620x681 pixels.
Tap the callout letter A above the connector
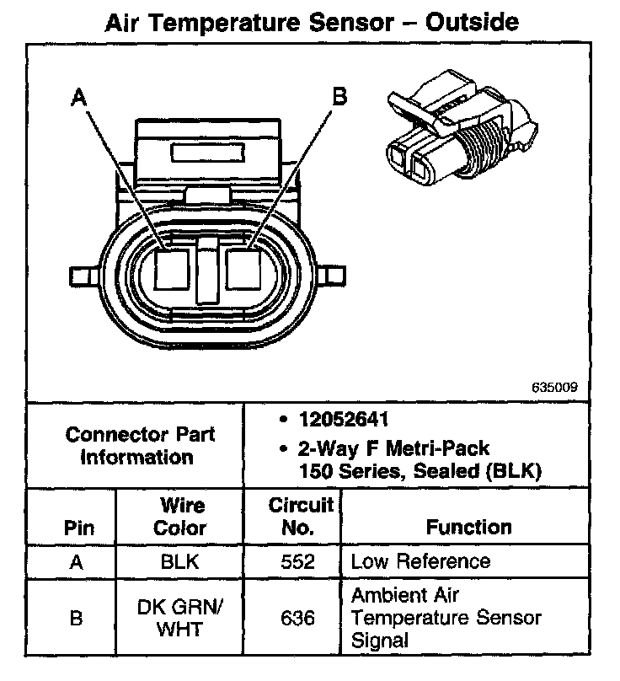point(80,99)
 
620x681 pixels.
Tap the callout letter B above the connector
point(339,97)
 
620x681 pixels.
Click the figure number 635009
point(554,389)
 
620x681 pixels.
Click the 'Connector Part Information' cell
point(140,446)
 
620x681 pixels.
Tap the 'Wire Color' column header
point(181,517)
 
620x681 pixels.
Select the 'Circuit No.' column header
point(300,517)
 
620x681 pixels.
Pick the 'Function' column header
point(468,528)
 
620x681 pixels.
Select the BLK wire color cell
point(181,562)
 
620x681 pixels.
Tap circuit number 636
point(299,619)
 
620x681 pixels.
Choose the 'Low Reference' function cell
point(420,562)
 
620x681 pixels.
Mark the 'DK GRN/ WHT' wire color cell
point(181,618)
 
